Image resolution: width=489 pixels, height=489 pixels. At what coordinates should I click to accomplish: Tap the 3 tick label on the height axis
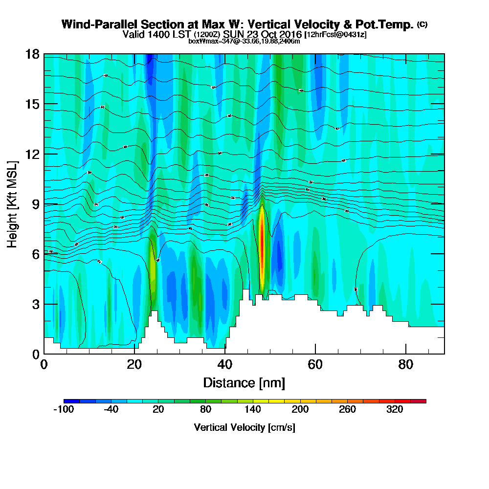pyautogui.click(x=35, y=304)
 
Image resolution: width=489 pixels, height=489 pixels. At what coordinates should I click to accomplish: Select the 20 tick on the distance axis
pyautogui.click(x=134, y=354)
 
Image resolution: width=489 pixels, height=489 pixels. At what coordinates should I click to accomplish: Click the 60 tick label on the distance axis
pyautogui.click(x=315, y=365)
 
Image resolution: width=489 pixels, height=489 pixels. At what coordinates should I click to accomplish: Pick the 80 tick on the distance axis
pyautogui.click(x=406, y=354)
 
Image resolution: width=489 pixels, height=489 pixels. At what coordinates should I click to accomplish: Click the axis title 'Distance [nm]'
pyautogui.click(x=244, y=382)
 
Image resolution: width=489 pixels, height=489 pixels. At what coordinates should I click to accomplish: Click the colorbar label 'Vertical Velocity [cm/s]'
pyautogui.click(x=244, y=427)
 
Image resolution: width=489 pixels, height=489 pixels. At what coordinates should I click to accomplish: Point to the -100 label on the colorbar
pyautogui.click(x=63, y=410)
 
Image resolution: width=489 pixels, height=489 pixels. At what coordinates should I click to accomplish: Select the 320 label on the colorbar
pyautogui.click(x=394, y=410)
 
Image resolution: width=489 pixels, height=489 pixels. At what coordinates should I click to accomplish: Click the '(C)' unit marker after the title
pyautogui.click(x=422, y=24)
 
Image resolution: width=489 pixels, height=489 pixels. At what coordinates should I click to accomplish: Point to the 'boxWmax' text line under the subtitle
pyautogui.click(x=244, y=41)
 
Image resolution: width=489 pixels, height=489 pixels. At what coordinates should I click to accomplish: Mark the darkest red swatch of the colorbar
pyautogui.click(x=422, y=401)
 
